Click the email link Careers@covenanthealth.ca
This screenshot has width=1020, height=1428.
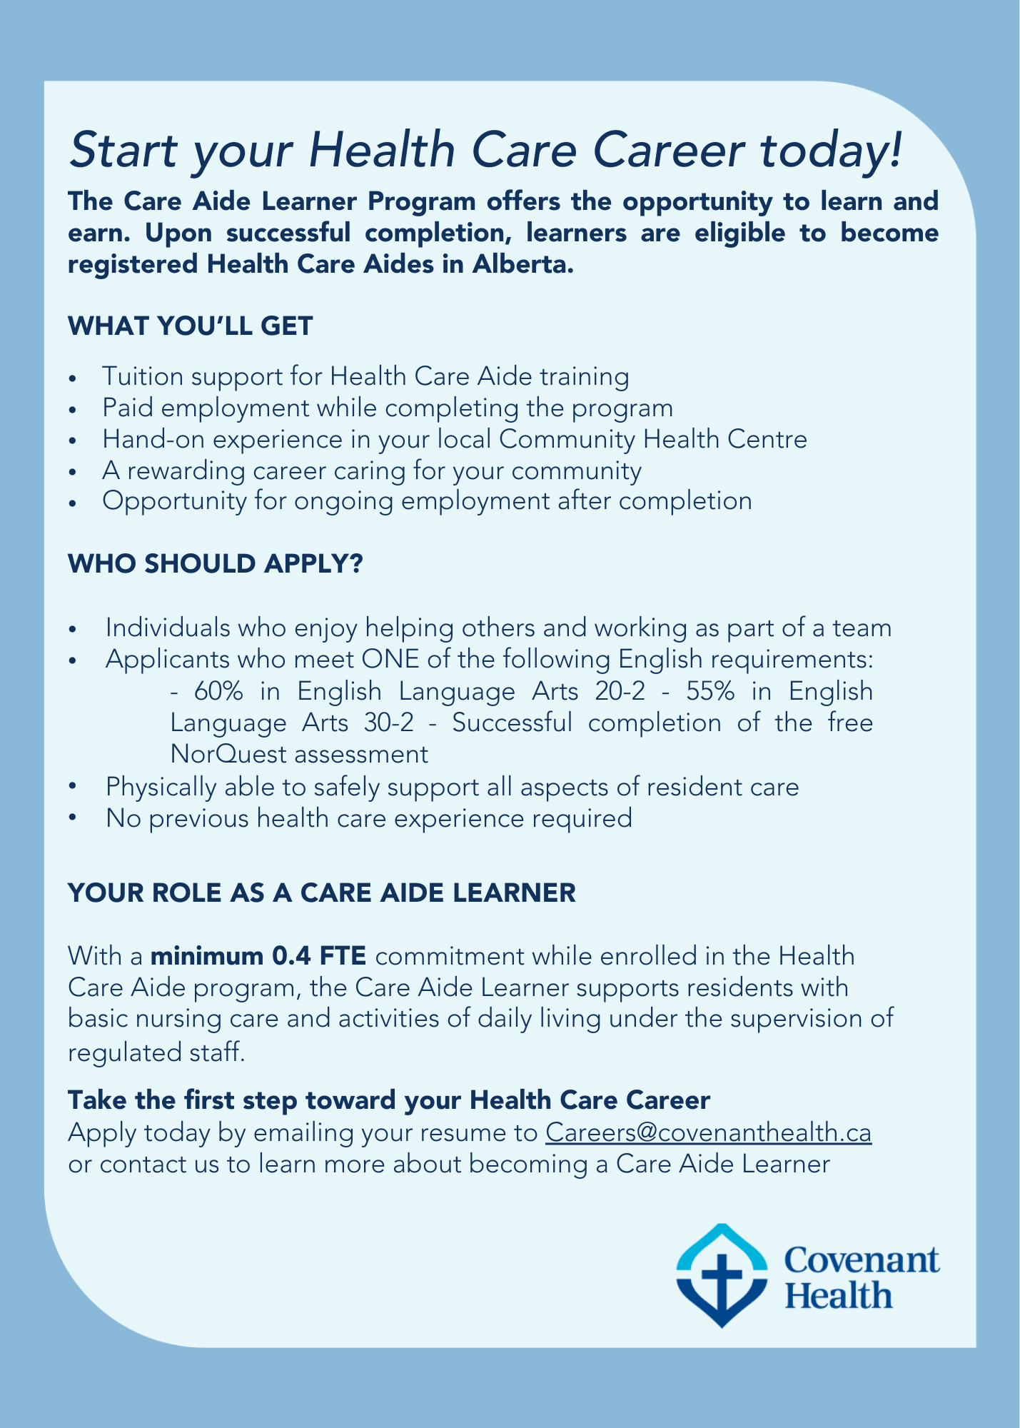pos(708,1133)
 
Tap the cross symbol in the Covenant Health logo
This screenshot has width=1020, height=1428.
pos(723,1278)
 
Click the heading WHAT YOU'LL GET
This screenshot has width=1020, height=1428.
pos(190,326)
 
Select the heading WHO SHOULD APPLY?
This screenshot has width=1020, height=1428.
pos(216,564)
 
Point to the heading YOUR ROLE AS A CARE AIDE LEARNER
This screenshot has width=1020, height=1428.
pos(321,892)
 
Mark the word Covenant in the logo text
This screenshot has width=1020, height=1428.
pos(862,1261)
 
